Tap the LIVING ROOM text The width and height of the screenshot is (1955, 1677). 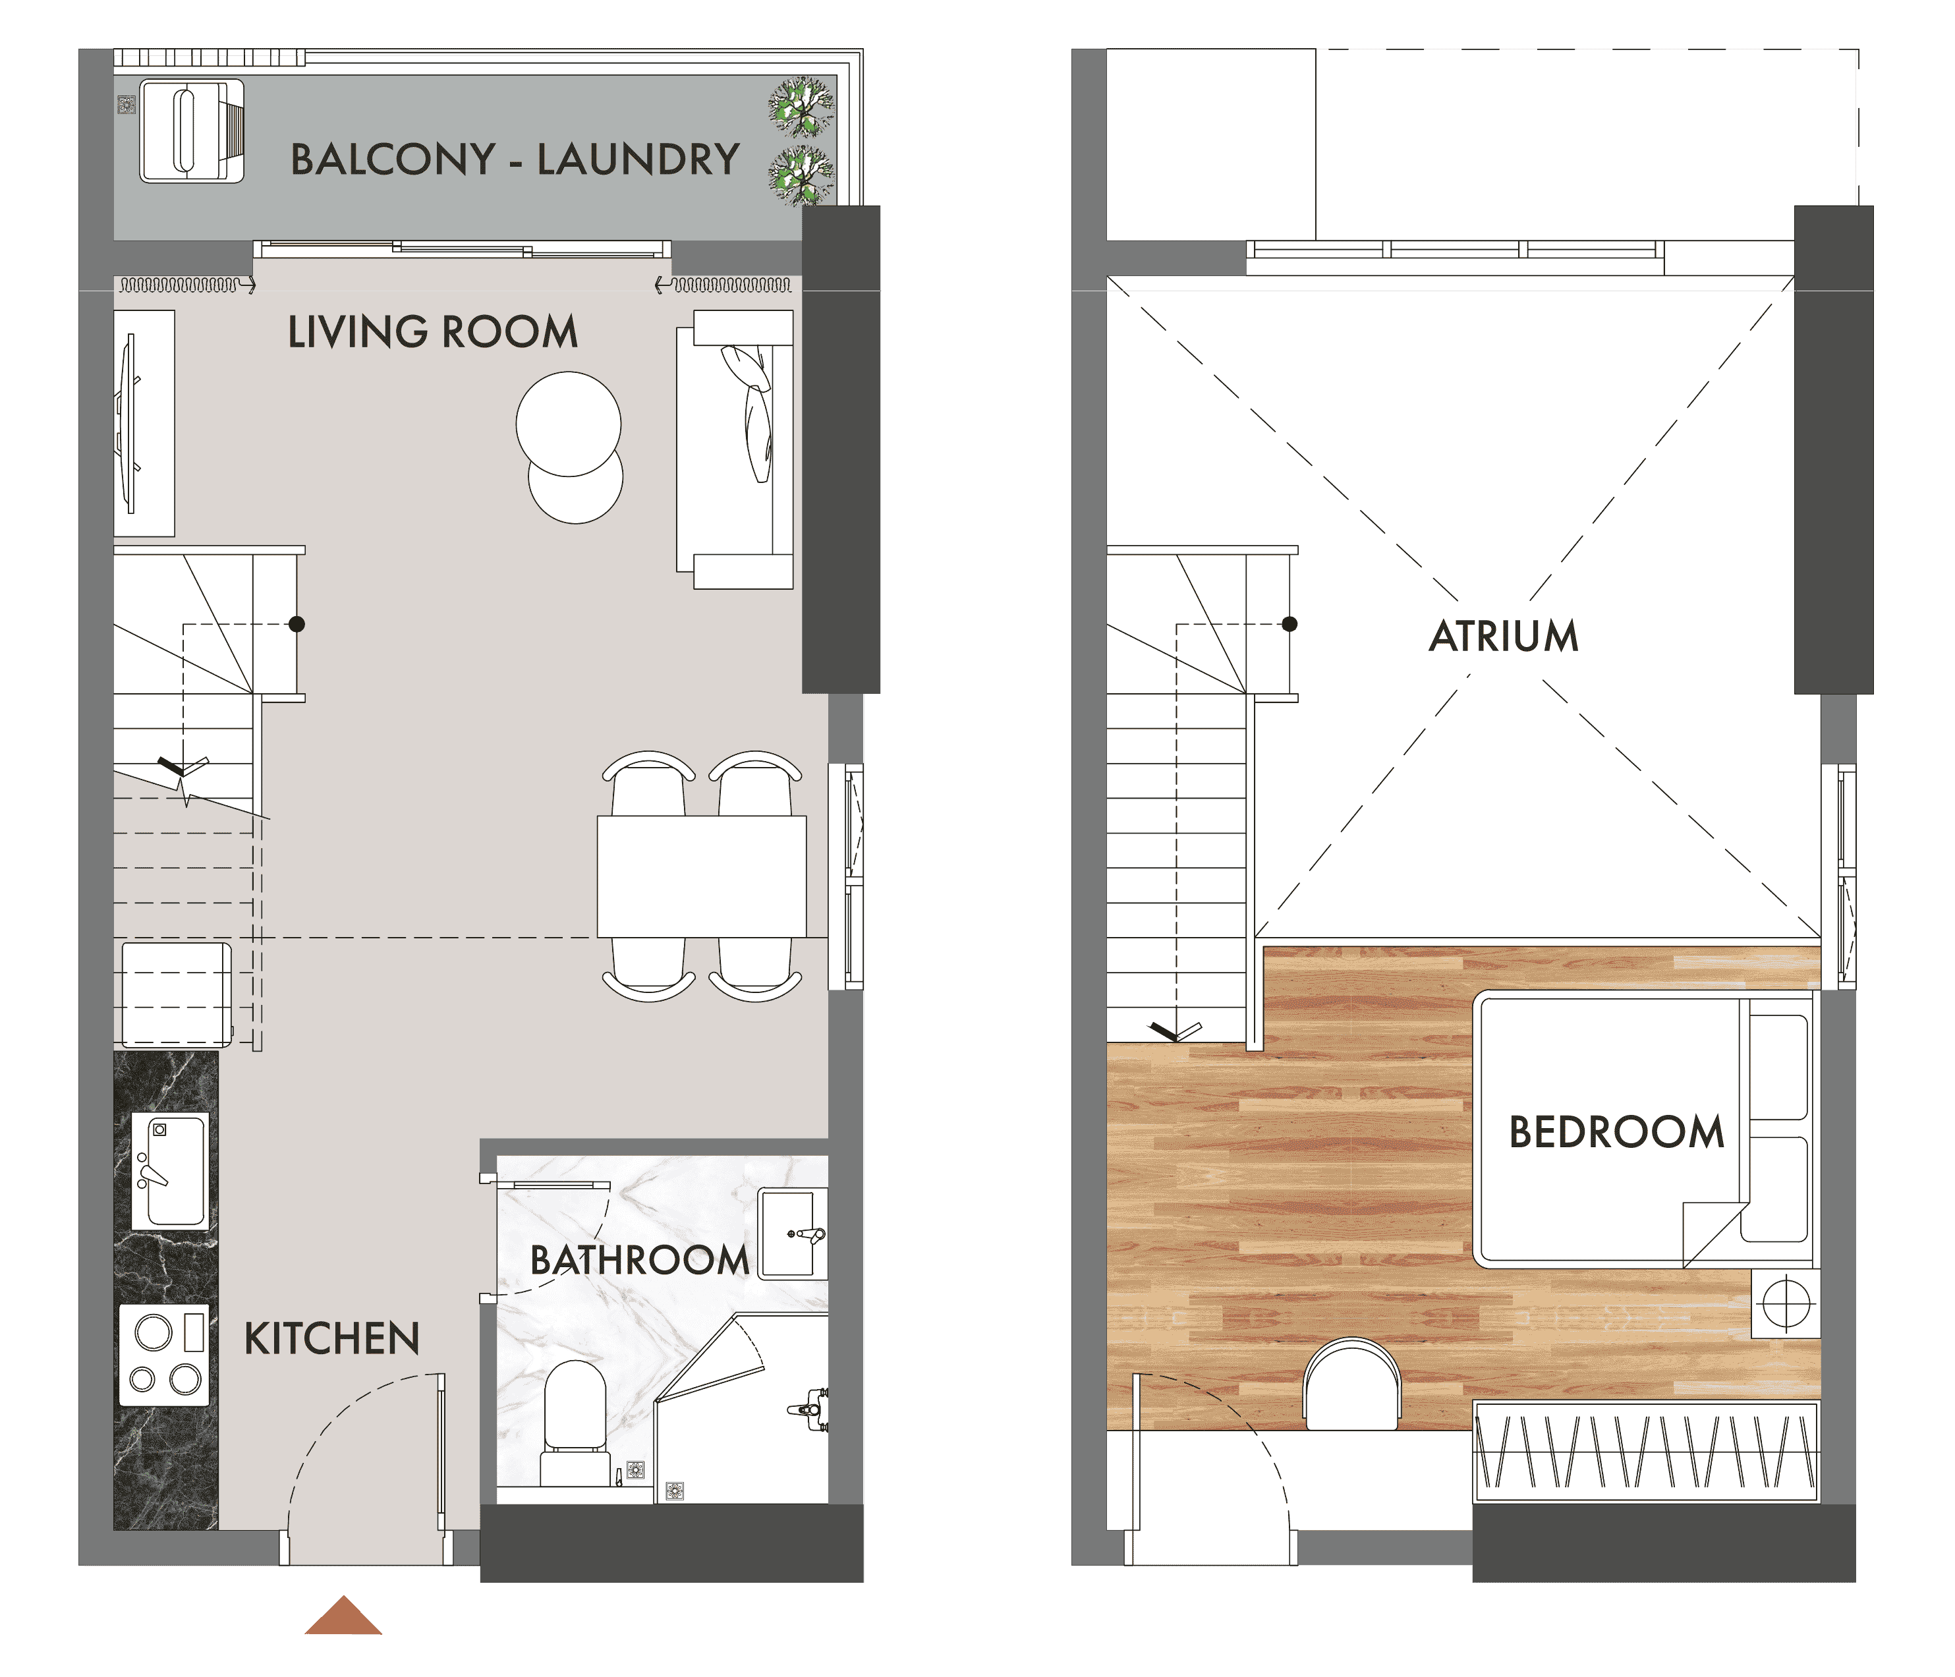[432, 332]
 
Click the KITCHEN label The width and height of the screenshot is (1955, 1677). [332, 1339]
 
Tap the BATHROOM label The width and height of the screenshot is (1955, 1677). [640, 1260]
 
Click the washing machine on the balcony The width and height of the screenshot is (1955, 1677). [192, 131]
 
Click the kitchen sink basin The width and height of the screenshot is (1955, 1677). [170, 1170]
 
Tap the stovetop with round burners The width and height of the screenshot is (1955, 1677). [164, 1355]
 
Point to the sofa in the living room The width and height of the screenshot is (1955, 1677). [735, 449]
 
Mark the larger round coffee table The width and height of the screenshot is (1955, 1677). [569, 424]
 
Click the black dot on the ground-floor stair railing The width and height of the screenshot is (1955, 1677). [297, 624]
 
